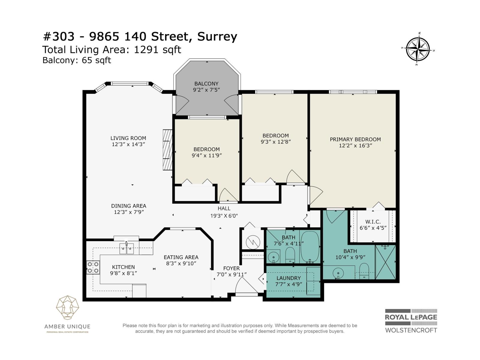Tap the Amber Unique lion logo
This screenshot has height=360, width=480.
67,307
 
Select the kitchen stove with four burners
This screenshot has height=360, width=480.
93,267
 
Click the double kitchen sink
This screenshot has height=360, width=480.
126,248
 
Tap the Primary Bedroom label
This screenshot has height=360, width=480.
355,139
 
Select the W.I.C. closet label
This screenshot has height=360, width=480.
373,222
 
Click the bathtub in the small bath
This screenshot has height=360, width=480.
310,247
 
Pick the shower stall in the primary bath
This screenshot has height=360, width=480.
385,262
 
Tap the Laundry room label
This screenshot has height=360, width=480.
288,278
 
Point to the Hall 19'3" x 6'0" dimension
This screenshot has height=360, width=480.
224,216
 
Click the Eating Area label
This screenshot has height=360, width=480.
181,257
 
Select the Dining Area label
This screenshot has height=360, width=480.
129,206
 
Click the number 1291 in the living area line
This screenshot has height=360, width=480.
146,49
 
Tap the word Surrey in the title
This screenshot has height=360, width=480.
217,36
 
